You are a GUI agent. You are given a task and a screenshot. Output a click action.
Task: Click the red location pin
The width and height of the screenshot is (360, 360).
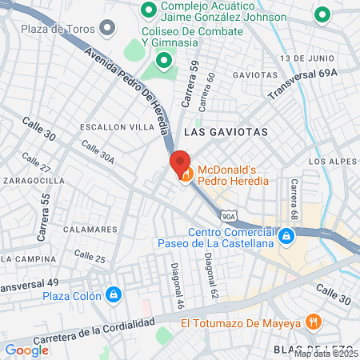[x=180, y=163]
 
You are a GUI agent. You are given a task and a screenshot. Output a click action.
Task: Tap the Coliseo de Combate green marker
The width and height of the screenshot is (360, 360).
[x=164, y=59]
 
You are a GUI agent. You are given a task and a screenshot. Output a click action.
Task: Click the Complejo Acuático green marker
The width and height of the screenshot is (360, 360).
[x=148, y=10]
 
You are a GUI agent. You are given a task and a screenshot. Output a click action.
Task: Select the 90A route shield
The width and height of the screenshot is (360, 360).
[x=230, y=216]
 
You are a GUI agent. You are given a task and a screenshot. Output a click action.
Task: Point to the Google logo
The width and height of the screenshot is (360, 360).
[x=26, y=350]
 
